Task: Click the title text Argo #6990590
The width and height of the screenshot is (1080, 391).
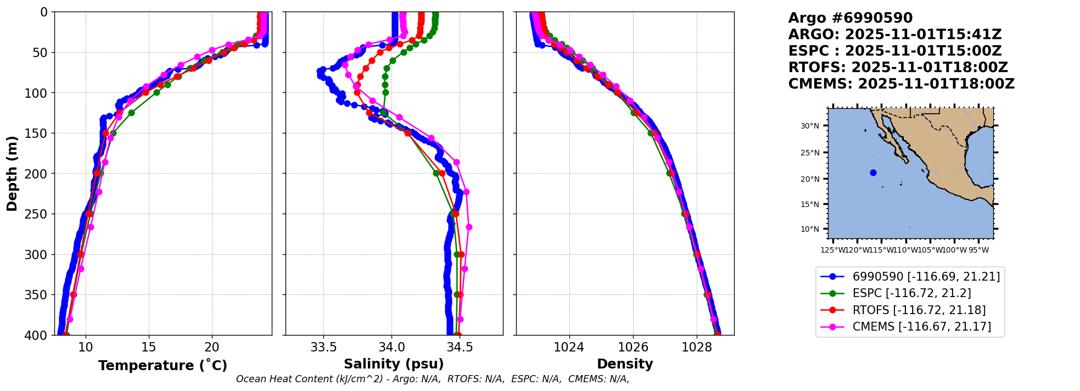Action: pos(850,18)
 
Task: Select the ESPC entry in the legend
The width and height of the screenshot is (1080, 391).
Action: pos(911,293)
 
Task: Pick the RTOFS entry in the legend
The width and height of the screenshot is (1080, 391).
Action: pos(919,310)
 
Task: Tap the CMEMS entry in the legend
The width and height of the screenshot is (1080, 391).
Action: pos(921,327)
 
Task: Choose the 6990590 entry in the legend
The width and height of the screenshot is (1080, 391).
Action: pos(926,277)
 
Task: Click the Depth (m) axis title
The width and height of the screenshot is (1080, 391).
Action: pos(12,173)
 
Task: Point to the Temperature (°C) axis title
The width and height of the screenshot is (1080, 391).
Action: pos(163,366)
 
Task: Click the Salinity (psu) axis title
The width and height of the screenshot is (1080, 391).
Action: pos(394,364)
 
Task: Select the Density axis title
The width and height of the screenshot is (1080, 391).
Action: pos(625,364)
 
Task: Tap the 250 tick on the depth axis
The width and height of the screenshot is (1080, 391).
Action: pos(40,214)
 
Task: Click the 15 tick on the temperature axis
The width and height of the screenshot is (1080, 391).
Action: pos(148,347)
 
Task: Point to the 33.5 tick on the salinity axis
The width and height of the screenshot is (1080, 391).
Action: pos(323,347)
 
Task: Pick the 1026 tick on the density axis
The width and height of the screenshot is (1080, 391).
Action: pos(633,347)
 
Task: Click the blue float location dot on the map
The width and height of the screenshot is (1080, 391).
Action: pos(873,173)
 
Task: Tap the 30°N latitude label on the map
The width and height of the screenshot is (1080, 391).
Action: pos(809,126)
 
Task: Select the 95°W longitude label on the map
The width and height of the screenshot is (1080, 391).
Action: pos(978,250)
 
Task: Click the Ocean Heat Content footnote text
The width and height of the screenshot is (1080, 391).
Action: pos(433,379)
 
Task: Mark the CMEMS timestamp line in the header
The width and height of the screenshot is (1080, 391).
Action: pos(901,84)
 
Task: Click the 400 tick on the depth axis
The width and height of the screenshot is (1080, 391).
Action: pos(40,335)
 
